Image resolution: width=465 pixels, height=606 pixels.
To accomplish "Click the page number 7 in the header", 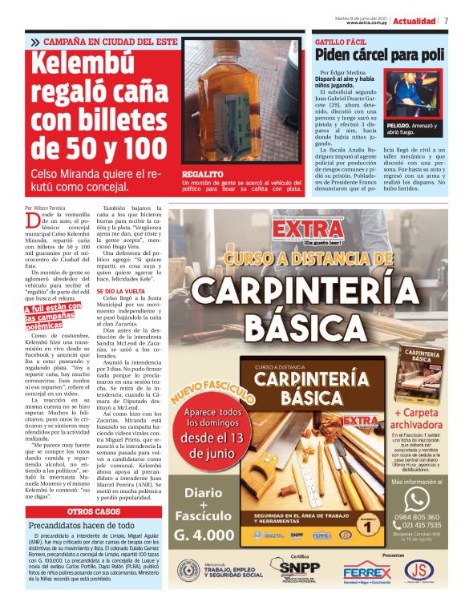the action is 446,20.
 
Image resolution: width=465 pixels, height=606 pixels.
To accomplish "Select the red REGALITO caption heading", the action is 202,173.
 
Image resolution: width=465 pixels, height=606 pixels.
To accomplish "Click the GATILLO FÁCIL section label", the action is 341,40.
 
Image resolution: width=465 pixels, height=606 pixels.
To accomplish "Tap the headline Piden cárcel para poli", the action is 379,55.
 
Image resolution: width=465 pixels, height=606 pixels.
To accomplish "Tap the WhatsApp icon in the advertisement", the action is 416,499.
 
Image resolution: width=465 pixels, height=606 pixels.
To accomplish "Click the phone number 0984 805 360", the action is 416,517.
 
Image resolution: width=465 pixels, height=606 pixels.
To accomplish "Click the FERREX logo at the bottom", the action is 366,572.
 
